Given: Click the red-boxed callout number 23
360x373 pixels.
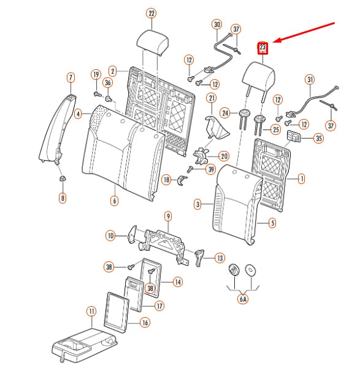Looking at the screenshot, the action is point(262,48).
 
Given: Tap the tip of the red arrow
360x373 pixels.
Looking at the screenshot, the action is point(273,42).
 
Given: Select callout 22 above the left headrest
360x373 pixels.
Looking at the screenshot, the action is point(151,13).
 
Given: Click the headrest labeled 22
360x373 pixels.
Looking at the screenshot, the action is point(153,43).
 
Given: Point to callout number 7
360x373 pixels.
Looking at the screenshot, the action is point(71,77).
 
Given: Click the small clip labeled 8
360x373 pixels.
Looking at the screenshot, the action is point(62,179).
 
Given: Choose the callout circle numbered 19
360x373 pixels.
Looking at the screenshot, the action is point(96,74).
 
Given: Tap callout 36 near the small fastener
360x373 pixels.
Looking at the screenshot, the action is point(108,83).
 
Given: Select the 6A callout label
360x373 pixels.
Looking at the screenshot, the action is point(243,299).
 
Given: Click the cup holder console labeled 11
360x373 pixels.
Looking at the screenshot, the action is point(85,345).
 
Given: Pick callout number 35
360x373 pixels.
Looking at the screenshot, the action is point(319,138).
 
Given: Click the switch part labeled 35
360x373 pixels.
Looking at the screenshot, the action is point(294,136).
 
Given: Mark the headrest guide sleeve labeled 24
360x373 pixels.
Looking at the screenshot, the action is point(243,119).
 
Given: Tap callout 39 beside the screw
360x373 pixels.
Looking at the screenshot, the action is point(211,169).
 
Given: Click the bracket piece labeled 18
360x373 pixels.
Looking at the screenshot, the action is point(182,180).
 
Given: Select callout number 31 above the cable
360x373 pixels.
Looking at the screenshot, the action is point(310,79).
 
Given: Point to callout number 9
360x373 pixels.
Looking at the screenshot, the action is point(168,216).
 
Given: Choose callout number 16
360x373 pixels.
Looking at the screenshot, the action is point(145,322).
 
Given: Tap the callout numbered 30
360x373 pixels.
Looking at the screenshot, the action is point(217,25).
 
